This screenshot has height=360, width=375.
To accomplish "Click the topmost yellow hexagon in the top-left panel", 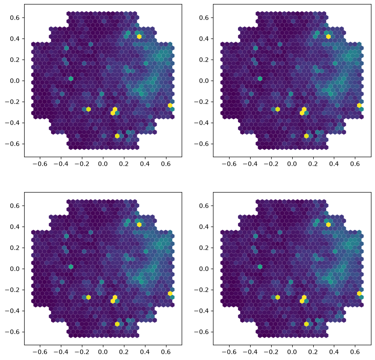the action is [139, 37].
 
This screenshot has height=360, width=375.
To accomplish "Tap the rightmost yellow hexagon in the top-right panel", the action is [359, 106].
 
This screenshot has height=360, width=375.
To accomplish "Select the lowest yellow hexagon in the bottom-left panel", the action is [117, 324].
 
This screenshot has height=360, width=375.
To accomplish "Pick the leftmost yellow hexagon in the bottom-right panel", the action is [277, 297].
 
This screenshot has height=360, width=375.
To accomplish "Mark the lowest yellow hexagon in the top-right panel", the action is [307, 136].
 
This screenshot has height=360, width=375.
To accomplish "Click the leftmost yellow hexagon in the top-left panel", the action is [89, 109].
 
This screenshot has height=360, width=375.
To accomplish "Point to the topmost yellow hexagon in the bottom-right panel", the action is [328, 224].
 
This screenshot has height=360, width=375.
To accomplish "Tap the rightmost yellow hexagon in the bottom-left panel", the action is [170, 293].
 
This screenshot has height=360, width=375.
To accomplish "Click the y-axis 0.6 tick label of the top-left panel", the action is [14, 18].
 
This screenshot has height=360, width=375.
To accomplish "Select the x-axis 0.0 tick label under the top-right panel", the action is [292, 164].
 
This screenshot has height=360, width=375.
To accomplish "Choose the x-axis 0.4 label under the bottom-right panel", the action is [334, 352].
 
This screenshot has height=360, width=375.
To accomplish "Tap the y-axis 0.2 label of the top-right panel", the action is [204, 60].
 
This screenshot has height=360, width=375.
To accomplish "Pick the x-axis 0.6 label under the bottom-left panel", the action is [166, 352].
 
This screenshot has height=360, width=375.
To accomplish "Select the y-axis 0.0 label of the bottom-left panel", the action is [14, 269].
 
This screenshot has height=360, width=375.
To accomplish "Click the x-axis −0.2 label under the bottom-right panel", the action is [269, 352].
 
